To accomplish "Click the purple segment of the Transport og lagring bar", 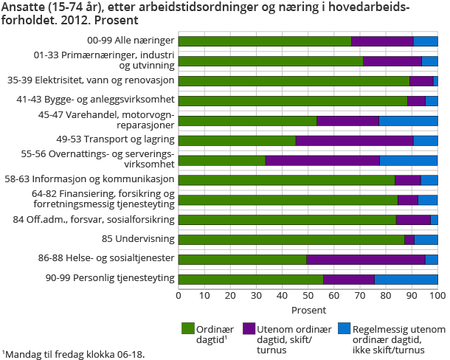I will pos(354,140).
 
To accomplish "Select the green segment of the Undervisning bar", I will pos(291,239).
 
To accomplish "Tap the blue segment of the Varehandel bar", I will pos(408,120).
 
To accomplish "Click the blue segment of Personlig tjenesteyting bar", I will pos(406,279).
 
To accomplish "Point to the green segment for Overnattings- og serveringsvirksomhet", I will pos(221,160).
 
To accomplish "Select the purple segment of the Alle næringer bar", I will pos(382,41).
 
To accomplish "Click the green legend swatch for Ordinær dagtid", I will pos(187,328).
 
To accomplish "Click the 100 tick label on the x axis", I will pos(437,295).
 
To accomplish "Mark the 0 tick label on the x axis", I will pos(179,295).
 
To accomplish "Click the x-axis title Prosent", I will pos(308,309).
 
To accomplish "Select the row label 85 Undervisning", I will pos(140,239).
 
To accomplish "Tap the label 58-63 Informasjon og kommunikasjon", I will pos(109,179).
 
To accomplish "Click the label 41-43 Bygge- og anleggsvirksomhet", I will pos(110,99).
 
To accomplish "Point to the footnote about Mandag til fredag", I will pos(74,353).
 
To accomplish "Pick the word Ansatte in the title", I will pos(22,7).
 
